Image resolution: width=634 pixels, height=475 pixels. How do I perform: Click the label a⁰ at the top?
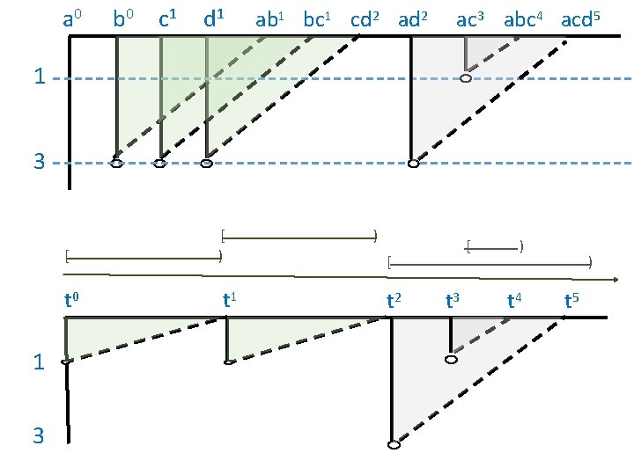tap(73, 18)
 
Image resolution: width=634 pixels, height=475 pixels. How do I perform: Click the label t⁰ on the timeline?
tap(73, 301)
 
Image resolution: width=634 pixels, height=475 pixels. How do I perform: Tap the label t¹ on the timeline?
tap(232, 301)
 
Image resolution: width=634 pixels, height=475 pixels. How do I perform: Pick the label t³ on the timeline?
tap(453, 301)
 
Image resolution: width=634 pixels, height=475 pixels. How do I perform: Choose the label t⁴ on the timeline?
tap(515, 301)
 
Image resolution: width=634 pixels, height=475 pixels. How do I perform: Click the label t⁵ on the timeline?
tap(571, 301)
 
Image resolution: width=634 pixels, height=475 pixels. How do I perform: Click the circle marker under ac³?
tap(466, 78)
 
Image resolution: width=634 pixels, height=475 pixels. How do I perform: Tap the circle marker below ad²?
tap(412, 163)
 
